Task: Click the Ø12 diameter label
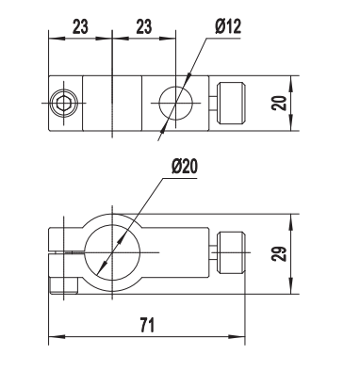(228, 26)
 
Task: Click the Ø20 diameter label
(185, 166)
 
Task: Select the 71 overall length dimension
(147, 325)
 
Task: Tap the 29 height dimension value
(279, 254)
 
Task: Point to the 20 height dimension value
(279, 103)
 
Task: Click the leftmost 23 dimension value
(80, 26)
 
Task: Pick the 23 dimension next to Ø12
(143, 26)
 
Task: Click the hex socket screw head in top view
(64, 103)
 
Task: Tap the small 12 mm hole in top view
(175, 103)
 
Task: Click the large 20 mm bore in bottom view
(112, 252)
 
